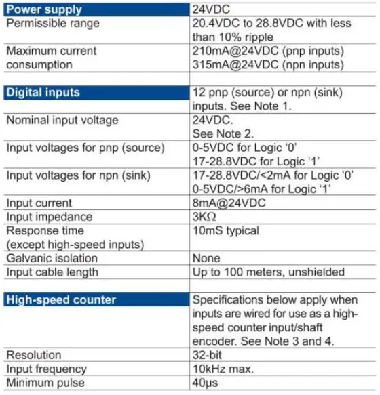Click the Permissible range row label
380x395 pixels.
click(53, 24)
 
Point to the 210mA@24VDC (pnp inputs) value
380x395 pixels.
click(267, 51)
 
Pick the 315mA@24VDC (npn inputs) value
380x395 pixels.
click(267, 64)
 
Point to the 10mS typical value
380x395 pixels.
click(226, 230)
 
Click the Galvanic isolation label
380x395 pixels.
click(52, 258)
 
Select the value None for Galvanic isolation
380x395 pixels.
click(206, 258)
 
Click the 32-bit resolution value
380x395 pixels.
click(208, 354)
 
